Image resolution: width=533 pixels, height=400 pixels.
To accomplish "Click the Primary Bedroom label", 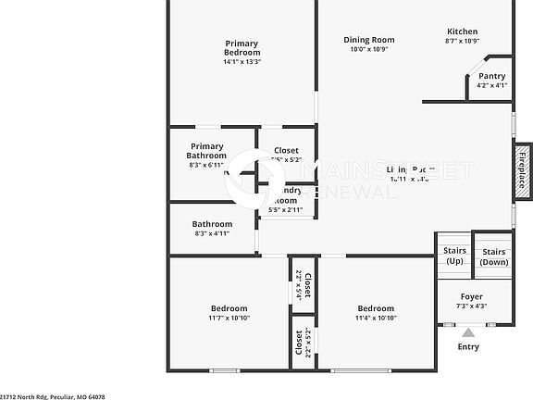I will [x=242, y=47].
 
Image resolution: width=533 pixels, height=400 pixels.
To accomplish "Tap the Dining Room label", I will [x=369, y=40].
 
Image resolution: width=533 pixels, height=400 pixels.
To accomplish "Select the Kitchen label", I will [x=462, y=31].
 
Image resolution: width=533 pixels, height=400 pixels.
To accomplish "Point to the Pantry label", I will [x=491, y=76].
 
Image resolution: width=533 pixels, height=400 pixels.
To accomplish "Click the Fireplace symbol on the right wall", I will [x=522, y=169].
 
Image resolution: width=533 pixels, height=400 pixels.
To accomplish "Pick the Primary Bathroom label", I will [x=207, y=151].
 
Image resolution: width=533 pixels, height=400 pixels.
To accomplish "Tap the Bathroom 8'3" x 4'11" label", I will [x=212, y=224].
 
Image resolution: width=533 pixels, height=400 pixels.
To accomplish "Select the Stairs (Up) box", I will [x=454, y=256].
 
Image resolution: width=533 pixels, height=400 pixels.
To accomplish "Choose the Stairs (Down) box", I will [x=493, y=256].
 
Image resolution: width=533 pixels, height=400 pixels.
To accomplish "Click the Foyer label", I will [x=472, y=296].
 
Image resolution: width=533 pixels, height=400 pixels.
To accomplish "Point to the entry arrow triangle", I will [x=468, y=331].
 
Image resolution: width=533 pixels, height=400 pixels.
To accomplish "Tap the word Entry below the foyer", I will [x=468, y=347].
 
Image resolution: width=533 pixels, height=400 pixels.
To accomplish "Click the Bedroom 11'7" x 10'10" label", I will [x=229, y=308].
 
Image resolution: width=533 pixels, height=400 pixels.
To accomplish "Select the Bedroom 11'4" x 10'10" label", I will [x=376, y=308].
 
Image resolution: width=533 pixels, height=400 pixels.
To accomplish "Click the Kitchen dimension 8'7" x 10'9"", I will [x=462, y=41].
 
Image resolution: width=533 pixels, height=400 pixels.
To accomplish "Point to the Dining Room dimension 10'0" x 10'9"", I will [x=369, y=49].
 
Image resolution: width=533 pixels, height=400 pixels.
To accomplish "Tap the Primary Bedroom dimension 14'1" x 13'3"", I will [x=242, y=62].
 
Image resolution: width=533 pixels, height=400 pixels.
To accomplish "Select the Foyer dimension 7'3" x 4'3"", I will [x=472, y=306].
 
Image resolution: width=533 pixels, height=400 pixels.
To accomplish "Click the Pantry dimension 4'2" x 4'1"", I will [x=491, y=85].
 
